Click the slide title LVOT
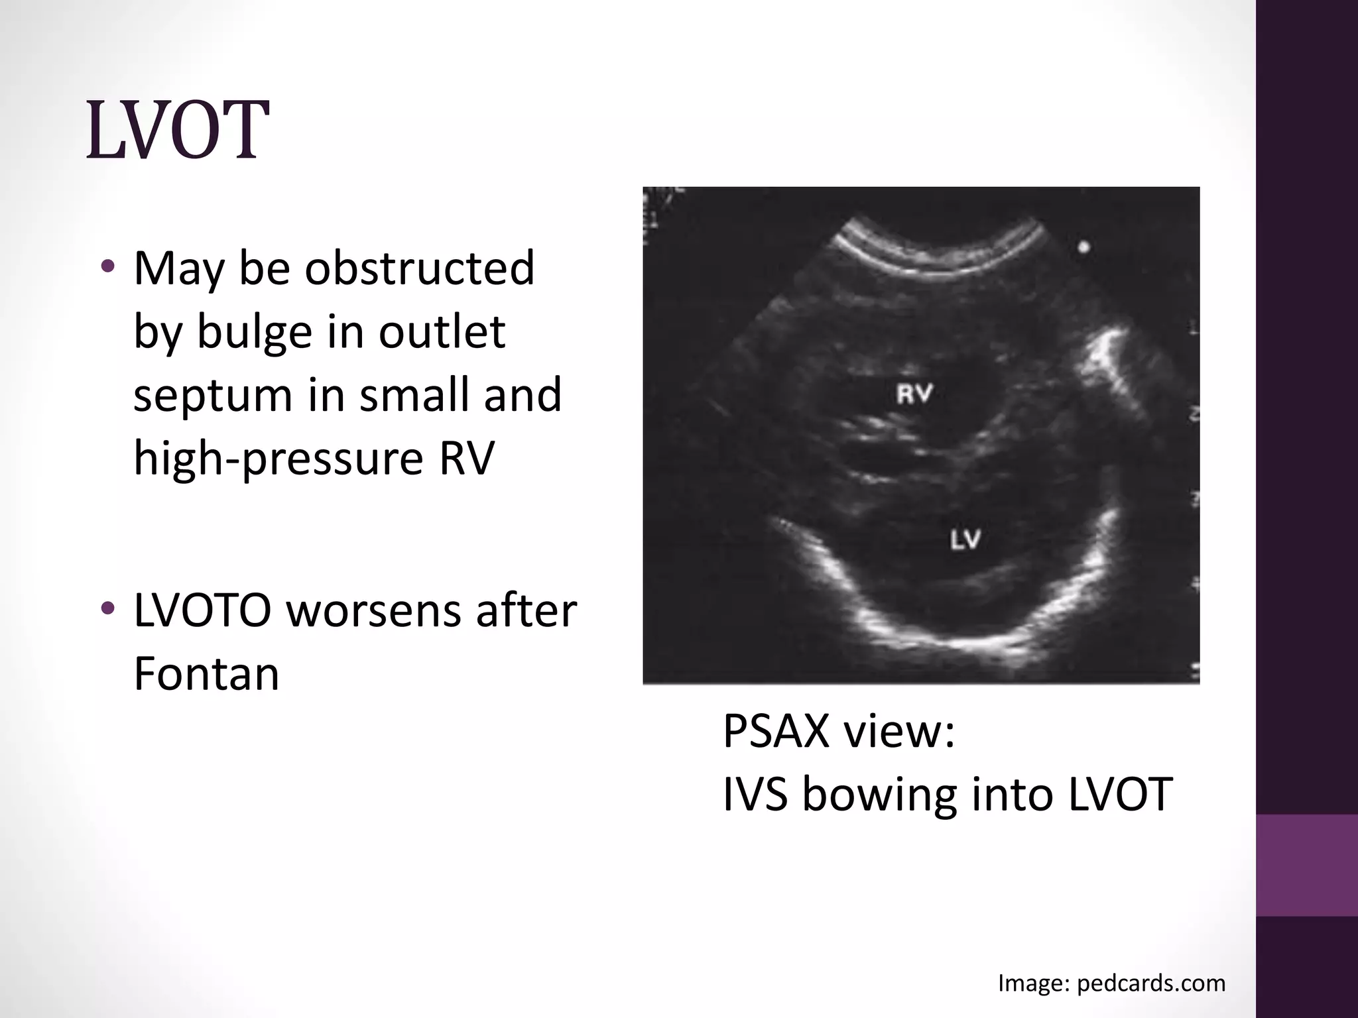[x=177, y=131]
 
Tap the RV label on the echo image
[x=914, y=394]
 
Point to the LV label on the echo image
[x=965, y=540]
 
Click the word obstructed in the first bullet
[x=419, y=268]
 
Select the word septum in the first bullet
[x=213, y=395]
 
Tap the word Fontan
[x=206, y=674]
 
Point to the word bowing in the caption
[x=880, y=794]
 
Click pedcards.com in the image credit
[x=1151, y=982]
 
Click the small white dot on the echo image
[x=1083, y=248]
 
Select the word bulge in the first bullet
[x=254, y=331]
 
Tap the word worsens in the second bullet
[x=374, y=610]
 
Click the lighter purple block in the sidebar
[x=1307, y=865]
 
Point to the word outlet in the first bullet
[x=442, y=331]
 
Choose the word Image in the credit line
[x=1033, y=982]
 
